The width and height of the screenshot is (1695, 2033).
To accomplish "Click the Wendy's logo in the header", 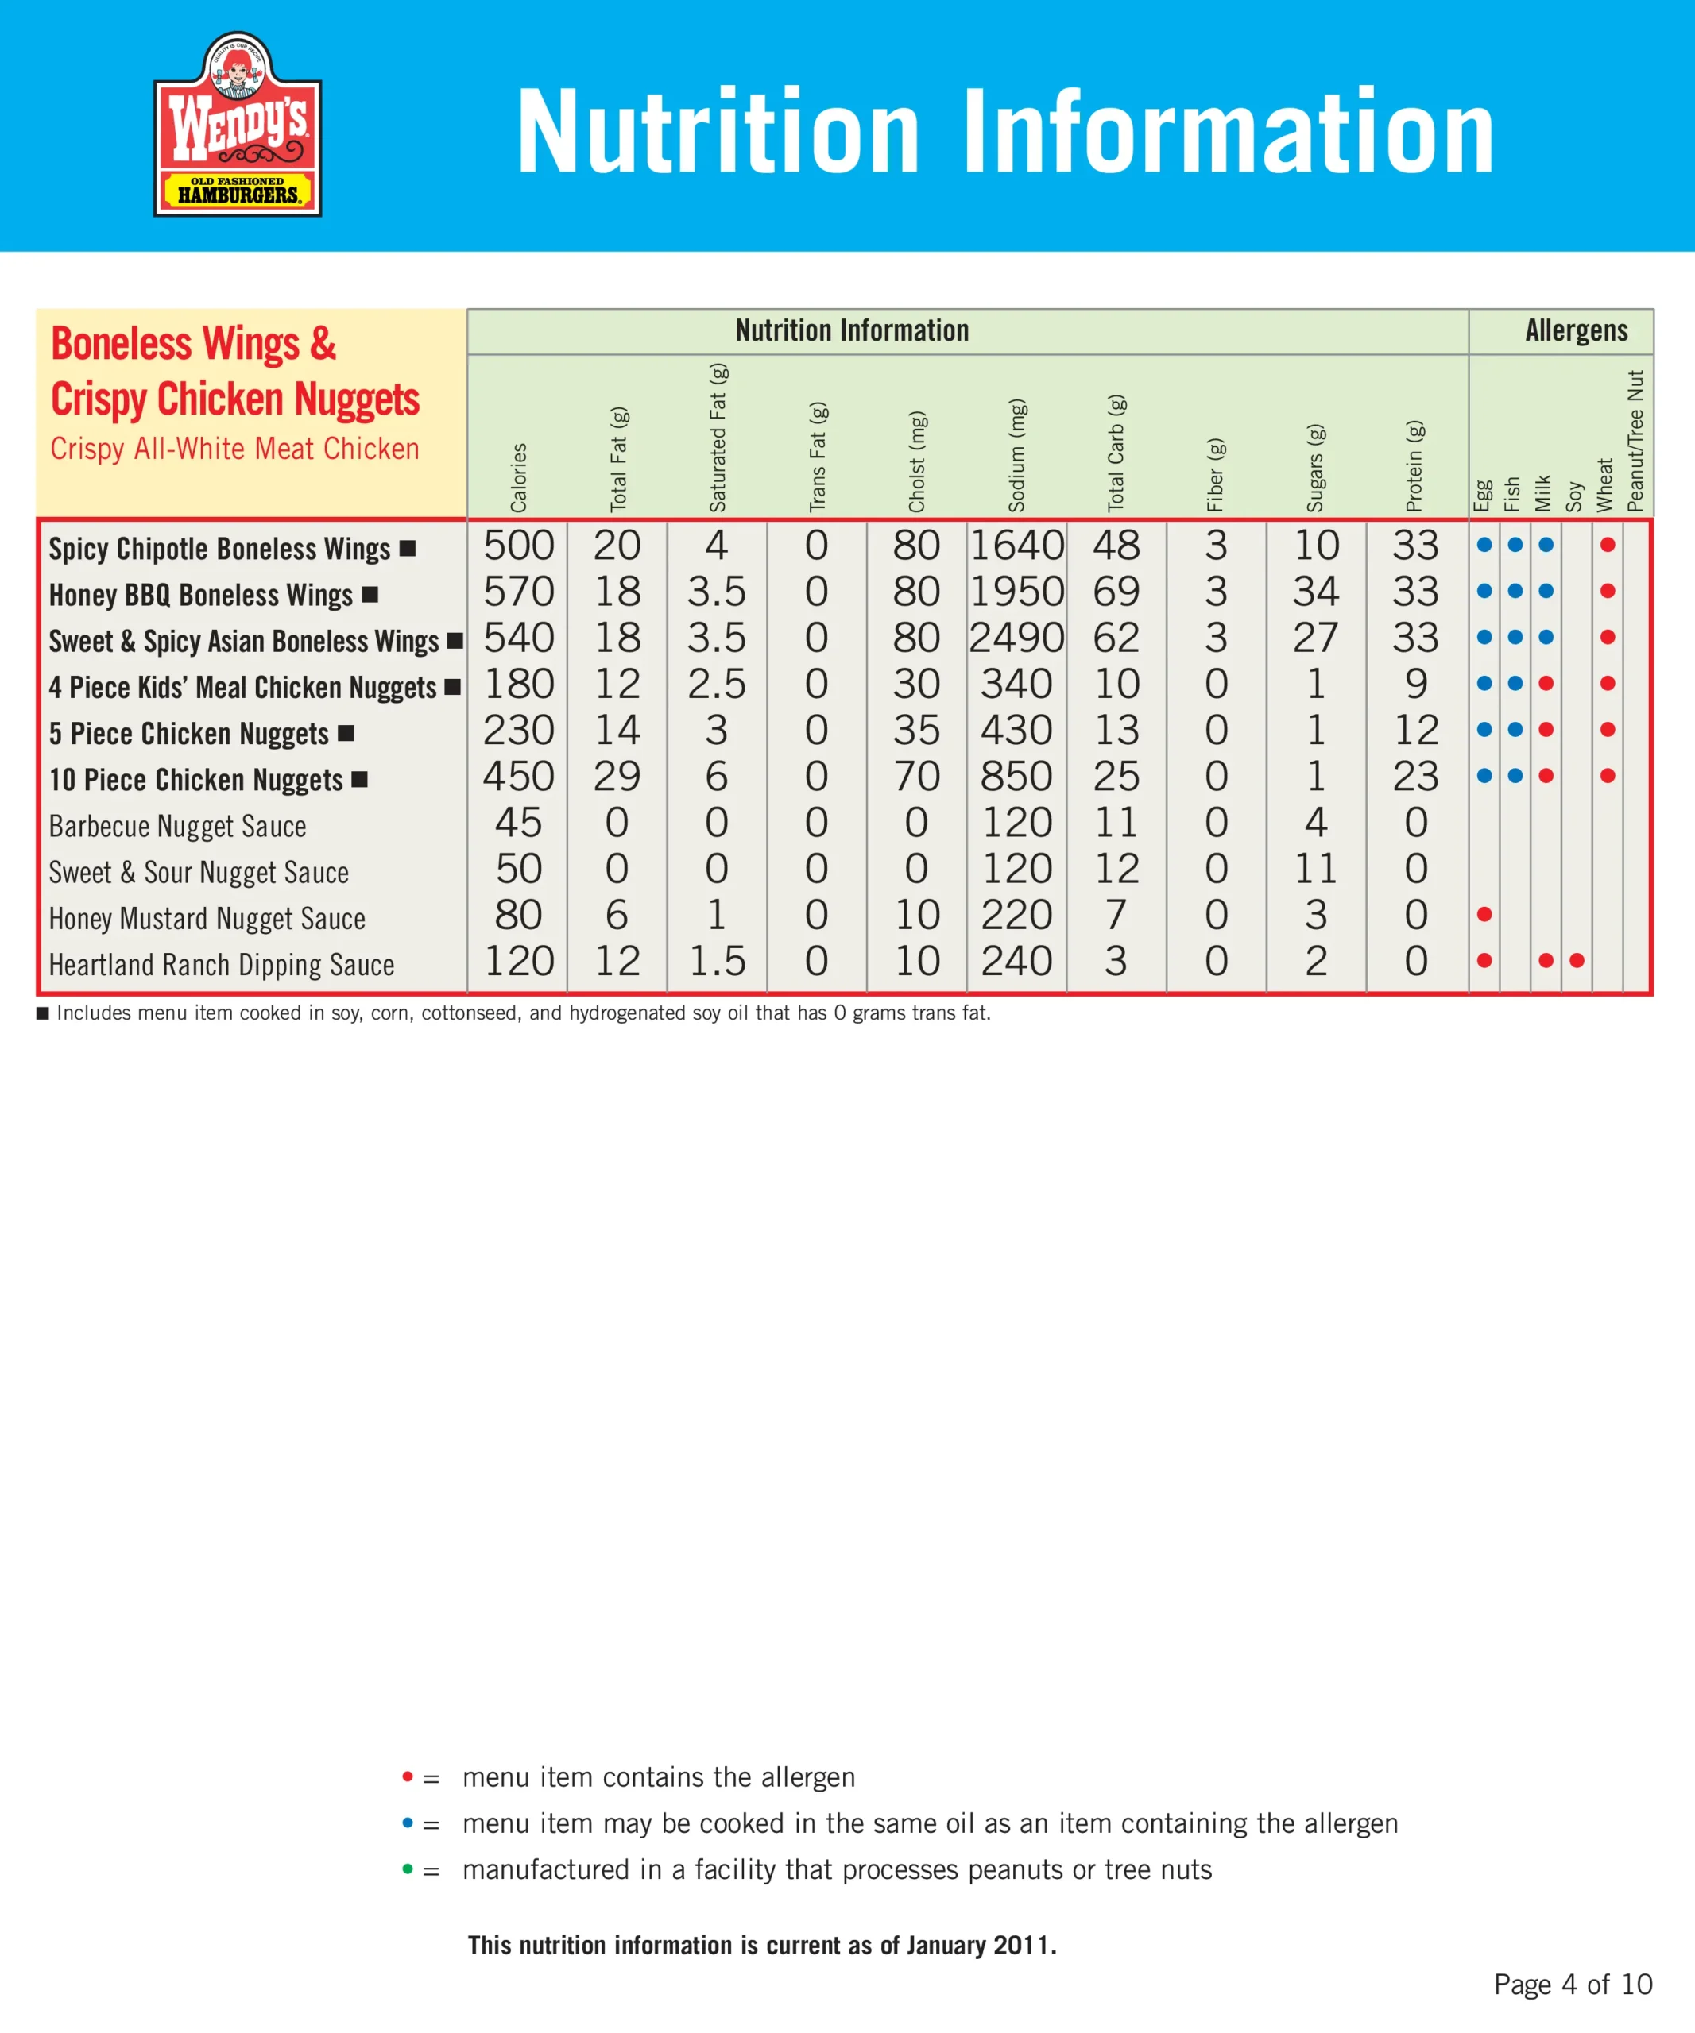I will click(x=238, y=124).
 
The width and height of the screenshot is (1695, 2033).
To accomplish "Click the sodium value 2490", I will click(x=1016, y=638).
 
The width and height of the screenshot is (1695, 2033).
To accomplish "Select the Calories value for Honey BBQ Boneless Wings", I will click(x=518, y=592).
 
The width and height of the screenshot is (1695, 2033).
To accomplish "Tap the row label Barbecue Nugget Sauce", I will click(x=177, y=826).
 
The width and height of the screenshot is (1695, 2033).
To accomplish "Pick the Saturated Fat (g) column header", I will click(x=718, y=438).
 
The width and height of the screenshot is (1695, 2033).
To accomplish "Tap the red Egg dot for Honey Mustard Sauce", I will click(x=1484, y=914).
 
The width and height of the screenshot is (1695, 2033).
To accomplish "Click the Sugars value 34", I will click(x=1315, y=592).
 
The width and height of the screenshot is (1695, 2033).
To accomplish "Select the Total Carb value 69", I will click(x=1116, y=592).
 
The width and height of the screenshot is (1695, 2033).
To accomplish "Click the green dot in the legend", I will click(x=408, y=1869).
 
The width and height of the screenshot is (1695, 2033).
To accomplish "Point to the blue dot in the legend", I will click(x=408, y=1822).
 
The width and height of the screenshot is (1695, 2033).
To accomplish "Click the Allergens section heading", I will click(x=1576, y=331).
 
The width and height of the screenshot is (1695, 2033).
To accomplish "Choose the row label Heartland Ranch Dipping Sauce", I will click(x=222, y=964).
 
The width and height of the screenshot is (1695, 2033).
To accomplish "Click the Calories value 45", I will click(x=518, y=823).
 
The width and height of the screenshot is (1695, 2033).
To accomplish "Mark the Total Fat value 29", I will click(x=617, y=777).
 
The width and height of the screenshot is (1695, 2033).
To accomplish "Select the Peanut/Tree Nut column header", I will click(x=1636, y=441).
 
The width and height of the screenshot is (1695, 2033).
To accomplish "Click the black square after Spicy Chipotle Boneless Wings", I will click(x=408, y=548).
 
